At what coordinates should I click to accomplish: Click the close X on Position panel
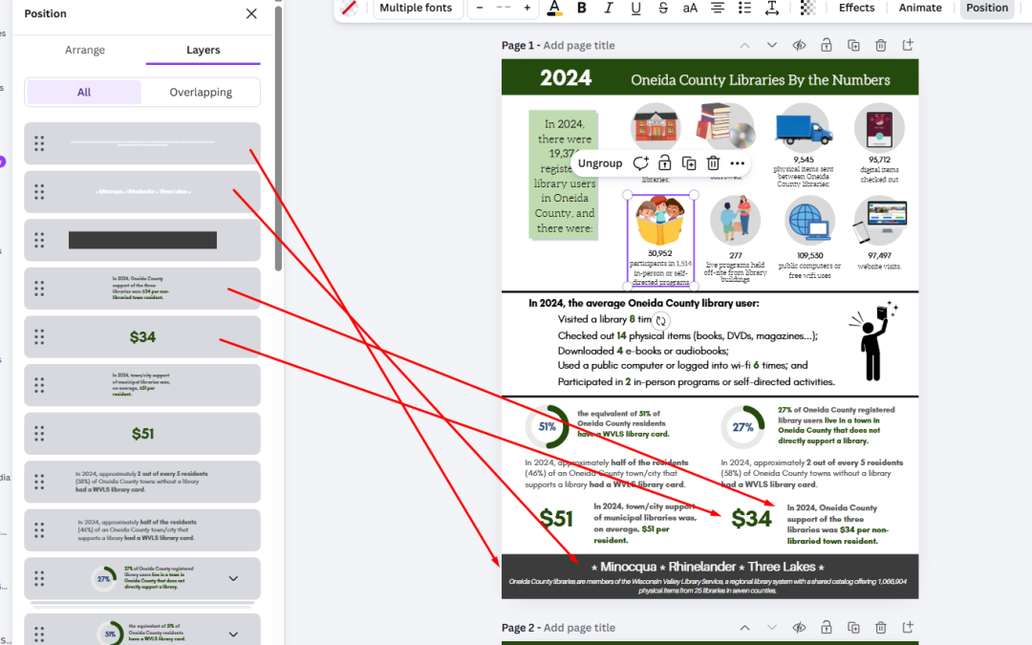tap(251, 13)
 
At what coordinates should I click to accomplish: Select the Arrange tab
tap(85, 50)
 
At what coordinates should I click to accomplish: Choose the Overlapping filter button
tap(201, 92)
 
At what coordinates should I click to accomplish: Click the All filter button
tap(84, 92)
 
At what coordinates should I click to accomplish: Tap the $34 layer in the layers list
tap(142, 337)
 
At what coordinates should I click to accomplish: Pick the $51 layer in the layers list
tap(142, 434)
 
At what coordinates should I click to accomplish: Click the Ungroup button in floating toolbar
tap(600, 163)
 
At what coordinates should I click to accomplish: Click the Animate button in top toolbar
tap(920, 8)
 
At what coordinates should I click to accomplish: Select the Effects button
tap(856, 8)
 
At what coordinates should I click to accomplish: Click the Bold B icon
tap(582, 8)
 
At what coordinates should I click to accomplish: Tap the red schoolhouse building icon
tap(655, 127)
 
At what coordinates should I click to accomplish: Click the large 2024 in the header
tap(566, 78)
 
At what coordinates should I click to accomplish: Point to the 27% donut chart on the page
tap(742, 427)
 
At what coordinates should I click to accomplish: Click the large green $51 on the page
tap(556, 518)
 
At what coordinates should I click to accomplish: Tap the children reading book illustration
tap(660, 222)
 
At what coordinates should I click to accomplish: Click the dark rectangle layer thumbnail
tap(142, 240)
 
